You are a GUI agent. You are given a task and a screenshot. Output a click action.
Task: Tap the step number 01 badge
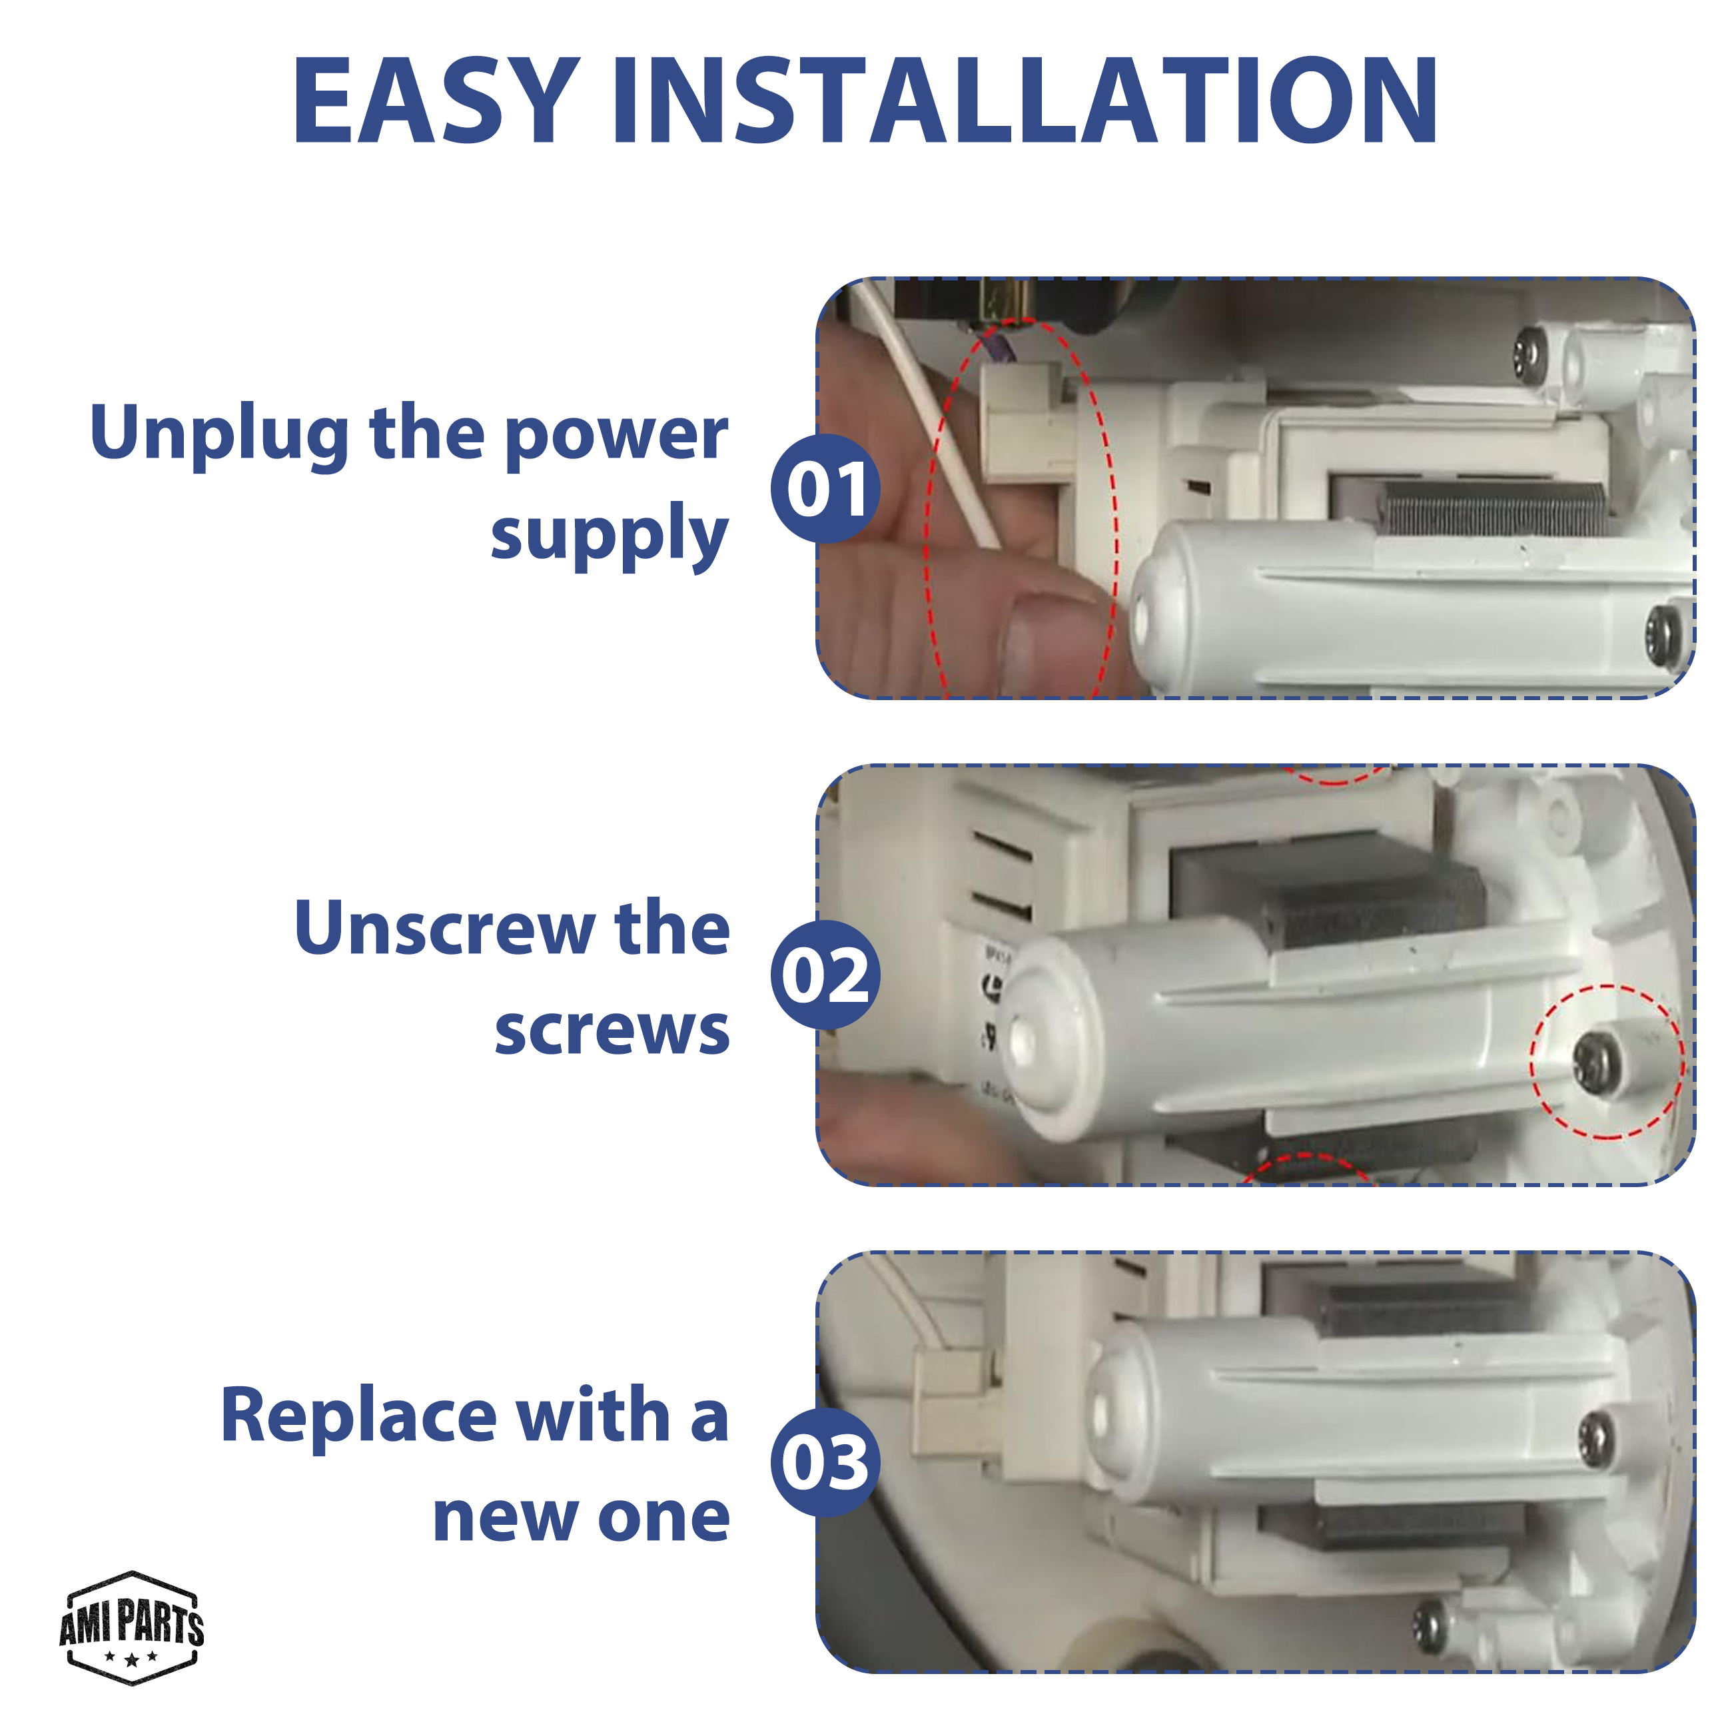click(x=825, y=488)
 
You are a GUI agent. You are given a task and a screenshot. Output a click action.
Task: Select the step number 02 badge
click(x=825, y=975)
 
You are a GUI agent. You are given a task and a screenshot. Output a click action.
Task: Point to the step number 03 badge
click(x=825, y=1462)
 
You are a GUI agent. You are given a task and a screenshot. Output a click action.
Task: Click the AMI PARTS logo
click(x=132, y=1628)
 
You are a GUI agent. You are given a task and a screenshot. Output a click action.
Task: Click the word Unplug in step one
click(x=220, y=434)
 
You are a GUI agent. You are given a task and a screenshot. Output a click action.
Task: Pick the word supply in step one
click(x=610, y=535)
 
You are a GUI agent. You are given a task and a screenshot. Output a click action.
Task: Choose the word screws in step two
click(x=612, y=1031)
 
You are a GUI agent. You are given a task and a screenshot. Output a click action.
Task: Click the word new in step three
click(x=506, y=1519)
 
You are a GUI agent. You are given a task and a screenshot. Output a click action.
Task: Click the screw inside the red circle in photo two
click(x=1598, y=1063)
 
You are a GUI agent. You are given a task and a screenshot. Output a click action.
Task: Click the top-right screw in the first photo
click(x=1530, y=355)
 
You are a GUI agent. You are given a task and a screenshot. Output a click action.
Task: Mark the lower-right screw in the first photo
click(x=1664, y=634)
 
